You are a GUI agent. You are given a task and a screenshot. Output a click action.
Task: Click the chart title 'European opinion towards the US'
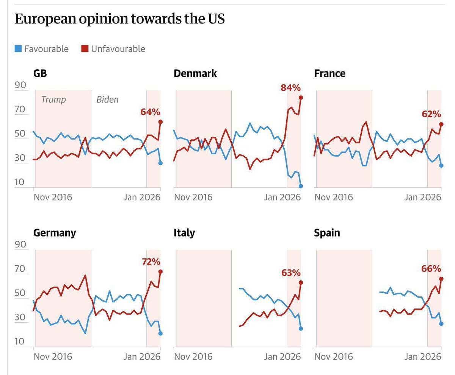120,19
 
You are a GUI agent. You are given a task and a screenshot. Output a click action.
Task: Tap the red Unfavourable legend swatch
85,49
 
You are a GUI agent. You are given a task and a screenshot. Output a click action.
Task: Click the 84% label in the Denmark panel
290,88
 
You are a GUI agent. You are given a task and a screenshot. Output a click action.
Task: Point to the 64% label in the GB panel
151,112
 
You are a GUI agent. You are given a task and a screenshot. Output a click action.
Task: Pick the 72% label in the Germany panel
151,261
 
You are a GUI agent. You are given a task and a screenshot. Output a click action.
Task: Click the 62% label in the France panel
431,114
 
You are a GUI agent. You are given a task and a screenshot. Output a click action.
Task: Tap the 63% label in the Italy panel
291,272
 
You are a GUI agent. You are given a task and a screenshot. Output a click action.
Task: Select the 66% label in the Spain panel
431,269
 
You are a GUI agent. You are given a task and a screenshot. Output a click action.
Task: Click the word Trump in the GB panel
53,100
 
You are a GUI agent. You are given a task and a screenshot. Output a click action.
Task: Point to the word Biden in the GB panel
107,100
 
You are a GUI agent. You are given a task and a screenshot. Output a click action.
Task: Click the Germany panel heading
55,233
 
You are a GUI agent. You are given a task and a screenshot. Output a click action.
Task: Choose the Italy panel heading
184,233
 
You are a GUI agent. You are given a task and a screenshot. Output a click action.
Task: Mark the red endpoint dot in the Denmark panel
301,98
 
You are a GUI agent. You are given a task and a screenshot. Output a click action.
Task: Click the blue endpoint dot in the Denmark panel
301,186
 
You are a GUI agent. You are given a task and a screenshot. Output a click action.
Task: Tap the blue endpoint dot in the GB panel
160,163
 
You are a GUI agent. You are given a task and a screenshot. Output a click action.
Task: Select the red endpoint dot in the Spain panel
441,279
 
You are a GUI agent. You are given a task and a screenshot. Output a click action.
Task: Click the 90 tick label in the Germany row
20,244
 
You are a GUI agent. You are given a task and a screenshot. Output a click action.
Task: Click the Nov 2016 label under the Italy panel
193,356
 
